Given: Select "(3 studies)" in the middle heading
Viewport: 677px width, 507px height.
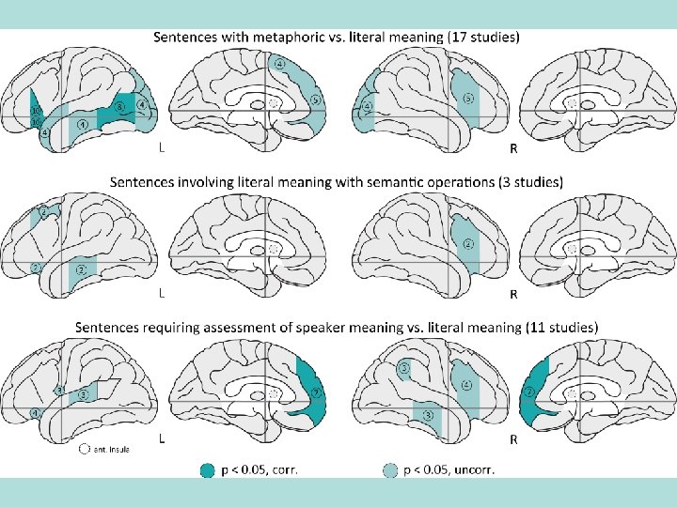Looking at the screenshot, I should tap(522, 181).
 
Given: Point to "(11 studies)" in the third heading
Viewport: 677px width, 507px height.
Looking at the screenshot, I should tap(553, 327).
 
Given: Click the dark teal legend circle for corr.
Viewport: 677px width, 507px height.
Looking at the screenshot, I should tap(208, 470).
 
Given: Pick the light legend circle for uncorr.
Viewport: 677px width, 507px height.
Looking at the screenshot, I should tap(391, 470).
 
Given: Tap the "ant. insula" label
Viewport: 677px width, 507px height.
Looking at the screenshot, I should tap(111, 449).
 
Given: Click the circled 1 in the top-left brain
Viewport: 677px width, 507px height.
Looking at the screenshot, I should tap(84, 123).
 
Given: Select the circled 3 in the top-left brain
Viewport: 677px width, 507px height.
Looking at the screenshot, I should tap(120, 106).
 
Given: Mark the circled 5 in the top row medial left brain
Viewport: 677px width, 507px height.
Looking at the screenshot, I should tap(316, 99).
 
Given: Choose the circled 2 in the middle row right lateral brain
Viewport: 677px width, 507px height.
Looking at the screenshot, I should tap(467, 244).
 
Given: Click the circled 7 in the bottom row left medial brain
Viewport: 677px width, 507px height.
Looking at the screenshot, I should tap(317, 392).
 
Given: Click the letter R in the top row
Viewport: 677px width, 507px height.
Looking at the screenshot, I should tap(513, 148).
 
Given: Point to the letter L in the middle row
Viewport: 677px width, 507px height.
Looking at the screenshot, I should tap(164, 293).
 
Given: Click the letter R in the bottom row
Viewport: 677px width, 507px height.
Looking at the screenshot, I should tap(513, 438).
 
